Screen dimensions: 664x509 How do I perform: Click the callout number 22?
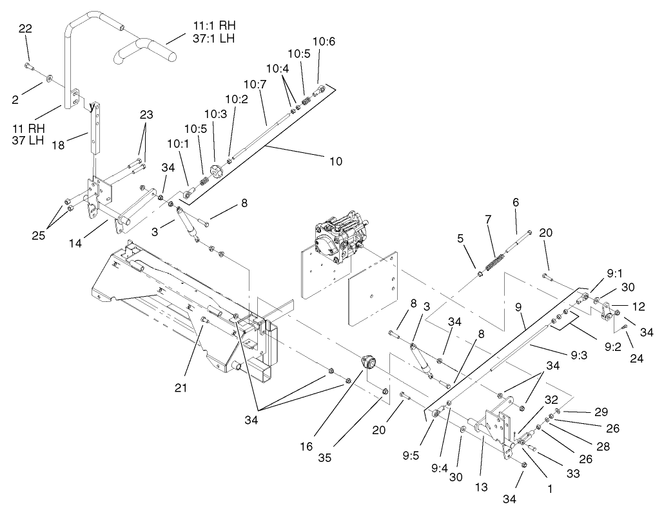click(x=25, y=28)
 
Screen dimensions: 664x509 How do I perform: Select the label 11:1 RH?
click(x=214, y=25)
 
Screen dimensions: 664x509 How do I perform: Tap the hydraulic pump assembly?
click(x=342, y=235)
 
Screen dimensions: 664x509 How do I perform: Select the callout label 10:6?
click(x=324, y=41)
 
